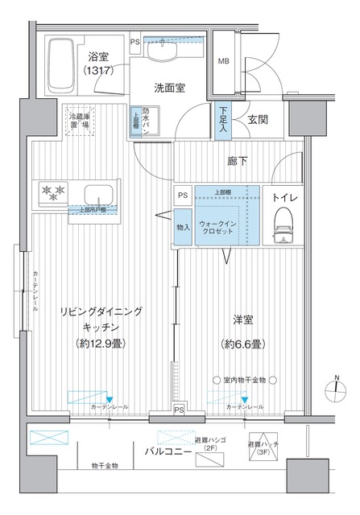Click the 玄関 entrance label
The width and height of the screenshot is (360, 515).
[x=257, y=120]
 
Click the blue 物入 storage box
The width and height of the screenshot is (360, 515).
[x=184, y=226]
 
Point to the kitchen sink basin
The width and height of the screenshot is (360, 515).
[x=99, y=195]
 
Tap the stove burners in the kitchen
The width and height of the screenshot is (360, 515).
[x=52, y=192]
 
